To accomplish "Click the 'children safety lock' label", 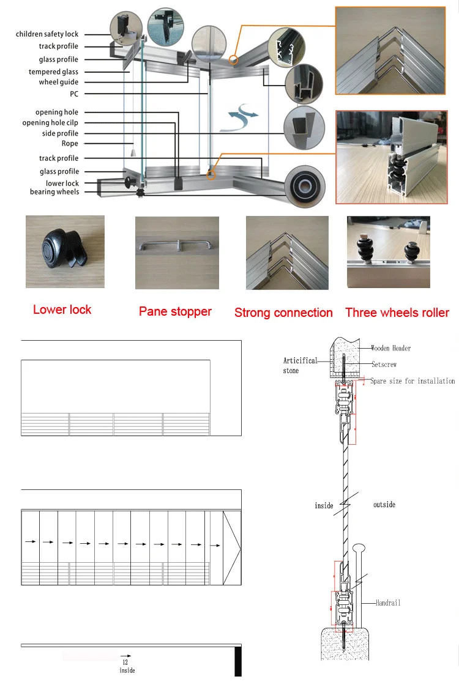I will (x=47, y=34).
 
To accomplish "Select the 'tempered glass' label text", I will (x=53, y=72).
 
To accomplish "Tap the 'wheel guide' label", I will (x=58, y=82).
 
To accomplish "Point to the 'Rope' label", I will (x=70, y=144).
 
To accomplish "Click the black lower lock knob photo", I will (x=62, y=251).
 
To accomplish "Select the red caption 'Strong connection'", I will (x=283, y=313).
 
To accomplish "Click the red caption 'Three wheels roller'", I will (x=397, y=313).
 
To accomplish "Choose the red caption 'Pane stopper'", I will (x=175, y=311).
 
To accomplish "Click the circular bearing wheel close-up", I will (x=304, y=186).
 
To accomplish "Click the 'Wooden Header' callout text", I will (x=391, y=348).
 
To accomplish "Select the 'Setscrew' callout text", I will (x=384, y=365).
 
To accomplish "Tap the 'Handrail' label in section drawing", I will (x=389, y=603).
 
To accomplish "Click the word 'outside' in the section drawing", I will (x=384, y=505).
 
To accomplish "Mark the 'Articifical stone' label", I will (x=300, y=365).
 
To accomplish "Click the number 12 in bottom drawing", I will (x=125, y=662).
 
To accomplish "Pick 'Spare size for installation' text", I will (x=412, y=381).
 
